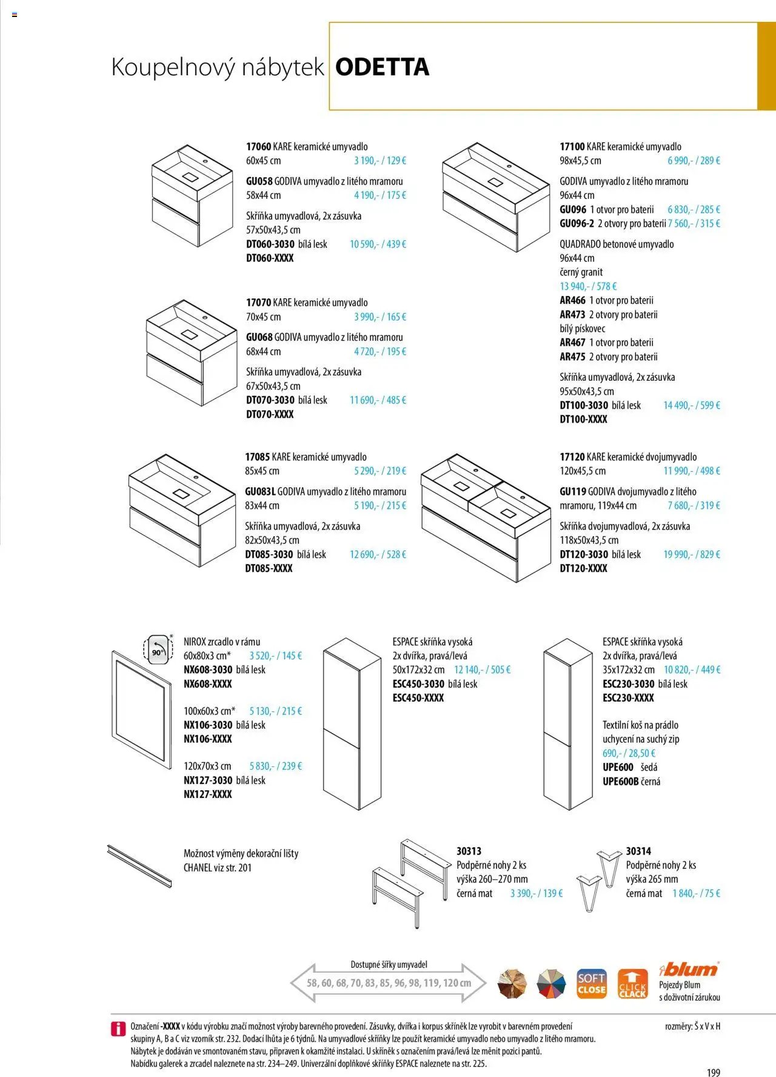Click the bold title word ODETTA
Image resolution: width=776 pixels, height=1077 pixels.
coord(382,67)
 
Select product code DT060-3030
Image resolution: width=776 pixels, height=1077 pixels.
coord(270,244)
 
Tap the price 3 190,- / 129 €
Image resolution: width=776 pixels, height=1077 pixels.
coord(380,161)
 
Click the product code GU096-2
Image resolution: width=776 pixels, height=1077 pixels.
coord(577,224)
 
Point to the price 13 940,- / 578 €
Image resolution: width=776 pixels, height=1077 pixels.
coord(588,286)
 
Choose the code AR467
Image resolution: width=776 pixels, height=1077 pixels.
coord(572,343)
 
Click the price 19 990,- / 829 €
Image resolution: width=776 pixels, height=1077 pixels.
coord(692,554)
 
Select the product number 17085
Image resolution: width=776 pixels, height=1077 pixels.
coord(258,457)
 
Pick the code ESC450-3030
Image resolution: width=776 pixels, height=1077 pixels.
coord(418,684)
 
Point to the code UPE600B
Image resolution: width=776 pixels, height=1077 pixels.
coord(620,782)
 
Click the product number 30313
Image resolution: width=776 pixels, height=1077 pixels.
coord(469,851)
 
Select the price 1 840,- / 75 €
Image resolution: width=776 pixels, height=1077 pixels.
coord(696,893)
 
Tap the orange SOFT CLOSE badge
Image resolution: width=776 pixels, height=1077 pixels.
coord(591,984)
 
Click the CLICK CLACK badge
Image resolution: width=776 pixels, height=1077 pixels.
coord(632,984)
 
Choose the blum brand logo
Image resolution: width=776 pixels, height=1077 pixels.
coord(689,968)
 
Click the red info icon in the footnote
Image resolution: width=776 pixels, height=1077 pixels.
coord(118,1029)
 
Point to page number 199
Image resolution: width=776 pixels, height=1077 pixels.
coord(713,1073)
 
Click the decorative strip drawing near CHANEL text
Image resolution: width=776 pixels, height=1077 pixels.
coord(139,867)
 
